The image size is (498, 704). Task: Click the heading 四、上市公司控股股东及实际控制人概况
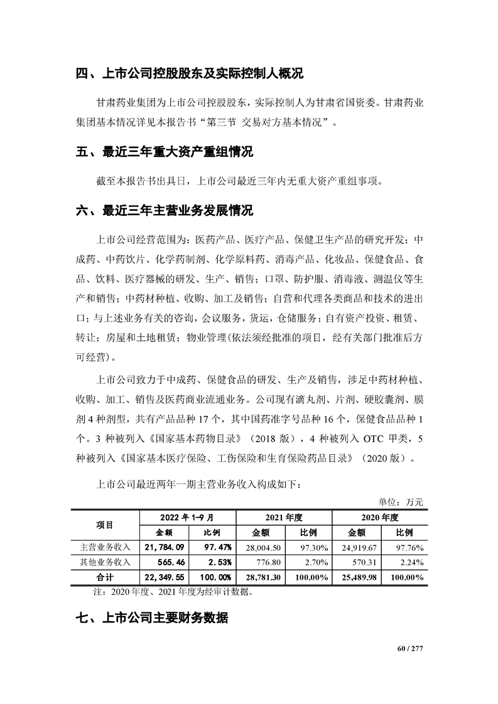(x=189, y=75)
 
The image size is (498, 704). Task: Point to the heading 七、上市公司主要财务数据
(x=151, y=619)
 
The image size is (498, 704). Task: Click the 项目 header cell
(x=105, y=525)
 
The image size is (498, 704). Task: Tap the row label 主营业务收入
(x=105, y=547)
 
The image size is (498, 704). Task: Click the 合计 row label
(x=105, y=577)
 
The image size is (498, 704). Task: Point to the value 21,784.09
(x=164, y=547)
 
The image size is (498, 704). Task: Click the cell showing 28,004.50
(x=261, y=547)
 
